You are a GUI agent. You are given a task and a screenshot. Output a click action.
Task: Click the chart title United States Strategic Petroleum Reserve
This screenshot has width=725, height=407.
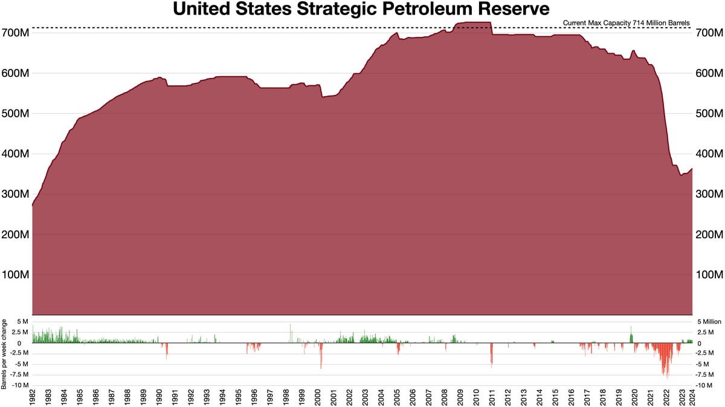pos(361,10)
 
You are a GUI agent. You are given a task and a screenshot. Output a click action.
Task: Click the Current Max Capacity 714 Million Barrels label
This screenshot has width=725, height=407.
pos(626,23)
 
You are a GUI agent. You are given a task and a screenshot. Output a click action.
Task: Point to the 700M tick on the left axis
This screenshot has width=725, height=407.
pos(16,33)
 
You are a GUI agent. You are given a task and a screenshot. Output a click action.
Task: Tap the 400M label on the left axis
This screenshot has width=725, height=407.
pos(16,154)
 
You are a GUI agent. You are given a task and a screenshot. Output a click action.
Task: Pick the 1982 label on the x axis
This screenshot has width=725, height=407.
pos(33,397)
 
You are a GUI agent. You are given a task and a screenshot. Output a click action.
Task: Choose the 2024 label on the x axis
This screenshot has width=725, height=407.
pos(692,397)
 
